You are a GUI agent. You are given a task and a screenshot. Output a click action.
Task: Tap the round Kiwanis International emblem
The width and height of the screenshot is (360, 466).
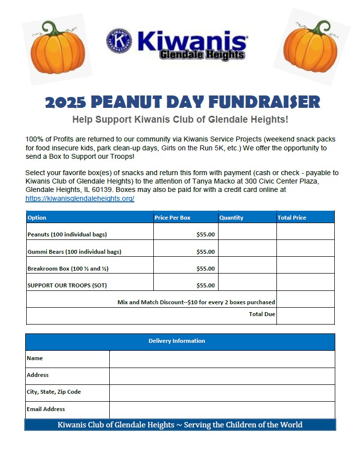click(119, 41)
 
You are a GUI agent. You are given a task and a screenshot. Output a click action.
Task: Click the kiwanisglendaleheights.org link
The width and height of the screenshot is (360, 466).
click(80, 198)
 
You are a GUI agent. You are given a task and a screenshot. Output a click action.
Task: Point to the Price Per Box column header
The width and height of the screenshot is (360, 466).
click(172, 218)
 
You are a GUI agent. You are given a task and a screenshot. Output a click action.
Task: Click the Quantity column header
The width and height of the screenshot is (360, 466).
click(231, 218)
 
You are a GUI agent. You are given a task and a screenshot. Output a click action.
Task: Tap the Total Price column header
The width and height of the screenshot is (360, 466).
click(292, 218)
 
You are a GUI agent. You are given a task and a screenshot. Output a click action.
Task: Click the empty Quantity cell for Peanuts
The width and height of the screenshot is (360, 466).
click(247, 232)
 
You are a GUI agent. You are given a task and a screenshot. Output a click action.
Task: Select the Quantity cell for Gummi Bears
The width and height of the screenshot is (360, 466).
click(247, 249)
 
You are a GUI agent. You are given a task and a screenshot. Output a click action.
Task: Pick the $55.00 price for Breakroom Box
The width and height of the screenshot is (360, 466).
click(205, 269)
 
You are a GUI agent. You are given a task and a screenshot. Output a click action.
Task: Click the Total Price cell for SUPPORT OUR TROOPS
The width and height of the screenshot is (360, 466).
click(305, 282)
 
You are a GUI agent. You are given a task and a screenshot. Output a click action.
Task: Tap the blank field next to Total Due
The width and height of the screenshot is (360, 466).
click(305, 316)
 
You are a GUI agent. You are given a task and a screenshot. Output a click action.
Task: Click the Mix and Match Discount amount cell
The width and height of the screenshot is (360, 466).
click(305, 299)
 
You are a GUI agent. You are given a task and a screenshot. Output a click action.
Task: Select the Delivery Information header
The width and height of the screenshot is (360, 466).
click(177, 341)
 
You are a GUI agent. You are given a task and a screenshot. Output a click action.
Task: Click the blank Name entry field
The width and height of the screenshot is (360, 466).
click(222, 359)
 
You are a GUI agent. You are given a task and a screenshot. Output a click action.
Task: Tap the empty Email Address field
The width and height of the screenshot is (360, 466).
click(222, 410)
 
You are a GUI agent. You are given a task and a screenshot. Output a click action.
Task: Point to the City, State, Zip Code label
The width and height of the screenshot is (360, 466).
click(54, 392)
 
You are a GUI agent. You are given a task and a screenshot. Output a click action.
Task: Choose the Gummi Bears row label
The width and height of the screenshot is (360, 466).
click(74, 252)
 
